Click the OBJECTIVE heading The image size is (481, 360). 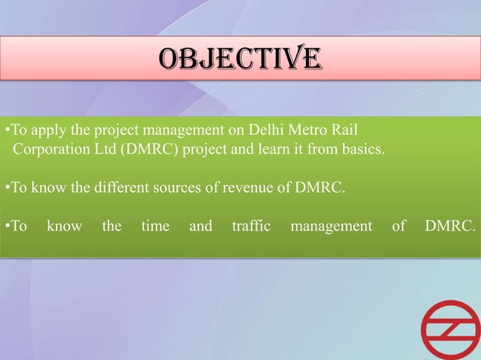pyautogui.click(x=240, y=59)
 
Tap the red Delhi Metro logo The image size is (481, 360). pyautogui.click(x=449, y=329)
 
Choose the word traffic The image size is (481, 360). pyautogui.click(x=251, y=225)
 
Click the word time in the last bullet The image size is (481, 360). pyautogui.click(x=155, y=225)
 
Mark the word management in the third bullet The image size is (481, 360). pyautogui.click(x=331, y=225)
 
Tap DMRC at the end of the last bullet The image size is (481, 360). pyautogui.click(x=449, y=225)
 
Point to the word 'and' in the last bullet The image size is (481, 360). pyautogui.click(x=201, y=225)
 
